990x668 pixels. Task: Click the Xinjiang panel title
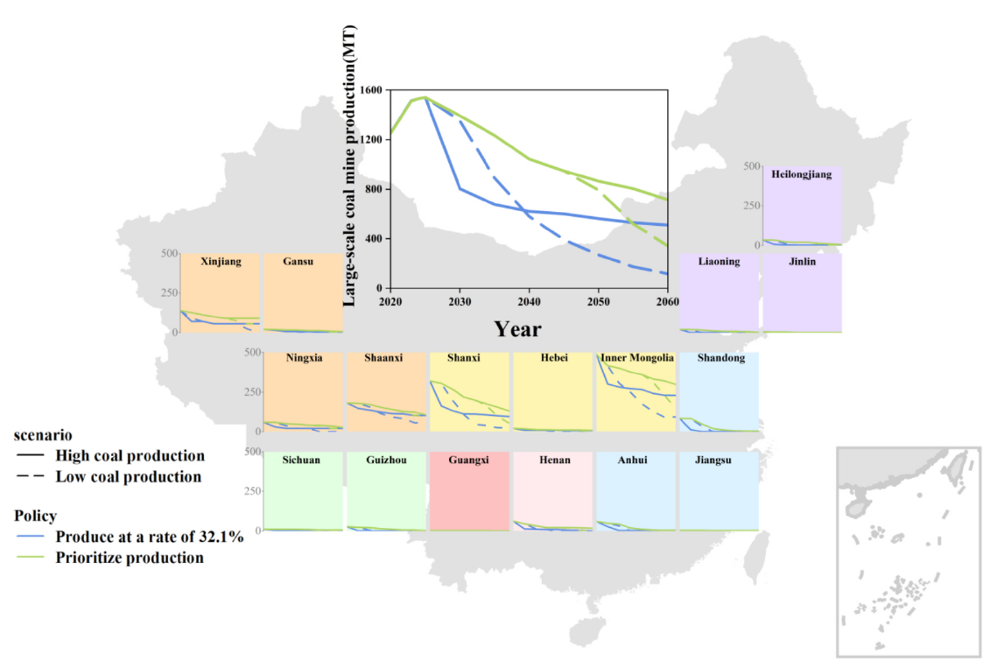pyautogui.click(x=220, y=261)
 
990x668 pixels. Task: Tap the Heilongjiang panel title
pyautogui.click(x=802, y=174)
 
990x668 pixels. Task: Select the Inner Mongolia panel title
pyautogui.click(x=637, y=358)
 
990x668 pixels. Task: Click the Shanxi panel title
pyautogui.click(x=463, y=358)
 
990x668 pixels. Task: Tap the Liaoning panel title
pyautogui.click(x=719, y=261)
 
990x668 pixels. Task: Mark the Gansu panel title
pyautogui.click(x=298, y=261)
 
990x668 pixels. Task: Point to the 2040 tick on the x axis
pyautogui.click(x=529, y=301)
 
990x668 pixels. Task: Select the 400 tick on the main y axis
pyautogui.click(x=373, y=239)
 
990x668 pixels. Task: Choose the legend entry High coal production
pyautogui.click(x=130, y=455)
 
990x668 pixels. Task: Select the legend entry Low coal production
pyautogui.click(x=128, y=476)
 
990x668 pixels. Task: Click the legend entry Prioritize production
pyautogui.click(x=129, y=558)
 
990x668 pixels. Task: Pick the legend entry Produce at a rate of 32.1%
pyautogui.click(x=149, y=537)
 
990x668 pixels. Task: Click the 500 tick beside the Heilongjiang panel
pyautogui.click(x=750, y=165)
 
